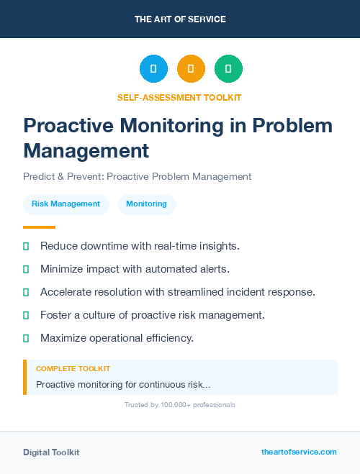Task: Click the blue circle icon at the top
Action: click(153, 69)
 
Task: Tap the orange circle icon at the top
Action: click(191, 69)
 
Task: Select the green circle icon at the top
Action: click(228, 69)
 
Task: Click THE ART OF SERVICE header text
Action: click(180, 19)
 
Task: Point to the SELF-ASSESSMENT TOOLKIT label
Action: click(180, 98)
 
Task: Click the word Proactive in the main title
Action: click(66, 126)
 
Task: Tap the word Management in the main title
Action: click(86, 151)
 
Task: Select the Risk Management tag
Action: click(66, 204)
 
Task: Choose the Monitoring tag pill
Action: click(146, 204)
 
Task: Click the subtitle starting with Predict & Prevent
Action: click(137, 176)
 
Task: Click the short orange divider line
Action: click(39, 227)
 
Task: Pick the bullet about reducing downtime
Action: click(140, 246)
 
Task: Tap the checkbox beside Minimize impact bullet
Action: click(26, 269)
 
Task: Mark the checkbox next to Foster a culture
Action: click(26, 315)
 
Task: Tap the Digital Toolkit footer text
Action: click(51, 452)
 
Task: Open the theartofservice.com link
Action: click(299, 452)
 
